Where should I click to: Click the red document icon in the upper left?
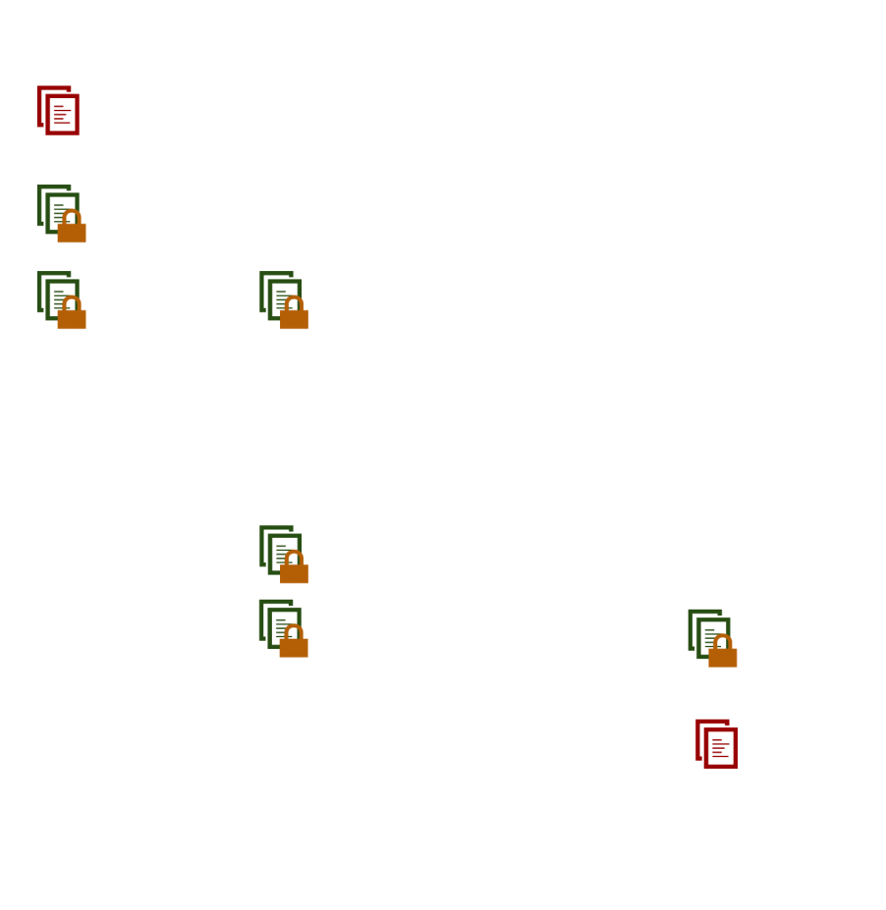point(58,110)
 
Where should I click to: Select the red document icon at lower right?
point(717,744)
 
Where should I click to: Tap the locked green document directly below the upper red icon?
point(60,213)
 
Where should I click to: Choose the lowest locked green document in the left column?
point(60,299)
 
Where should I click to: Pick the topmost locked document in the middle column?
point(283,299)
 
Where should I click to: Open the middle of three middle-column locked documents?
point(283,554)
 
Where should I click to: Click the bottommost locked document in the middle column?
point(282,627)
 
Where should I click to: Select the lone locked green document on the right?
point(711,637)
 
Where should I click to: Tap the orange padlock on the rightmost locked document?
point(723,654)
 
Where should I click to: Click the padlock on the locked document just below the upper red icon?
point(72,231)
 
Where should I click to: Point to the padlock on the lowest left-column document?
point(72,317)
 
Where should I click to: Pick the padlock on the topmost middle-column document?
point(294,317)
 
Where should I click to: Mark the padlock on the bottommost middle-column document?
point(293,645)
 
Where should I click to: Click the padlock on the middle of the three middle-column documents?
point(294,571)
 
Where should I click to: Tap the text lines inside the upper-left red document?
point(62,115)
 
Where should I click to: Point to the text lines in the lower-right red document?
point(721,749)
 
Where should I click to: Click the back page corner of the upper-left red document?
point(40,90)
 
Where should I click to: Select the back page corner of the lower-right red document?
point(699,723)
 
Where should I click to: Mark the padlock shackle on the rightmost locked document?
point(723,640)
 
